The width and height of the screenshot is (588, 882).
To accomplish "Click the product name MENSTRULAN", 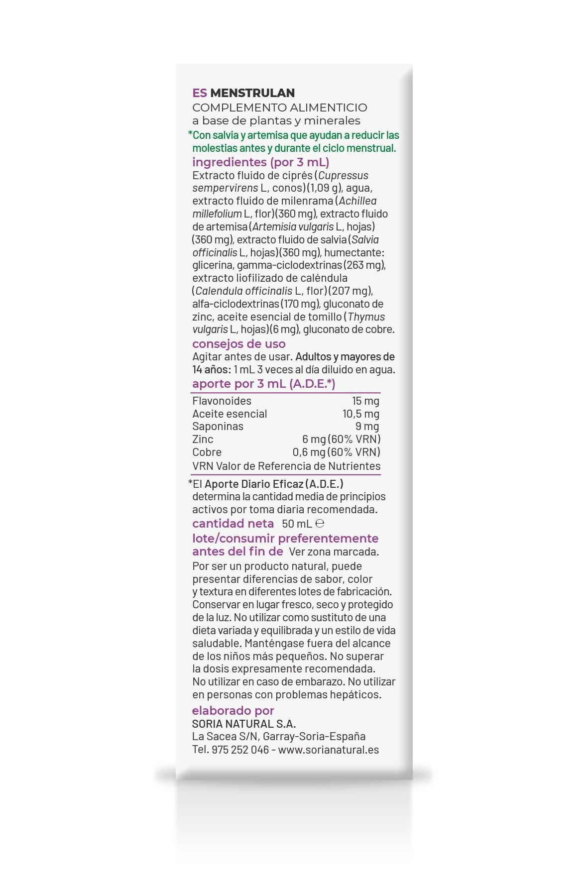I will pos(252,93).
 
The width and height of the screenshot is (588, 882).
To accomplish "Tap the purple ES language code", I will pos(200,93).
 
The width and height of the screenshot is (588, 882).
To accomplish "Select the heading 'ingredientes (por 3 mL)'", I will pos(260,162).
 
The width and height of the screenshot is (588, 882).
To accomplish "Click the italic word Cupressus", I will pos(344,176).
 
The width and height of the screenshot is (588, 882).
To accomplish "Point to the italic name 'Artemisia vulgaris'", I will pos(293,227).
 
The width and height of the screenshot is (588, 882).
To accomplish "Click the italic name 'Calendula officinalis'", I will pos(243,291).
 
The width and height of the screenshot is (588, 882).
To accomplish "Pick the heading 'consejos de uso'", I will pos(239,344).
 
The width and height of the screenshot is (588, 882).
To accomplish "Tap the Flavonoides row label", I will pos(222,401).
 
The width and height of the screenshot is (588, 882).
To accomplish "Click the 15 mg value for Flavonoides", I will pos(365,401).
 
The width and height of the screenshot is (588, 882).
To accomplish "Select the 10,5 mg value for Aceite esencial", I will pos(360,414).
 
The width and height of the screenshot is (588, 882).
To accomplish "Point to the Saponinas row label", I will pos(218,427).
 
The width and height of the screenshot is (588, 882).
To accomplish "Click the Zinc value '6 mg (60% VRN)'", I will pos(341,440).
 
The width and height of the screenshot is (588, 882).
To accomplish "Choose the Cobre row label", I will pos(207,452).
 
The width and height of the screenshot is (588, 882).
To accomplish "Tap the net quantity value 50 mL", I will pos(297,524).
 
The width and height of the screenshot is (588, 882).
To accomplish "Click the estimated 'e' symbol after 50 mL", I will pos(320,524).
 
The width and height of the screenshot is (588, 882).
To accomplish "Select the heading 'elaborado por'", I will pos(233,711).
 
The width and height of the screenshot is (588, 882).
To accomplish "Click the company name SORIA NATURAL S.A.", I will pos(244,724).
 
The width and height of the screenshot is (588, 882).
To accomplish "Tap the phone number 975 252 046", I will pos(240,750).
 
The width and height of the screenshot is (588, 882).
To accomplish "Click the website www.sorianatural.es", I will pos(329,750).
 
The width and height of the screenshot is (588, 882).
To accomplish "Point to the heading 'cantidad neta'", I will pos(233,524).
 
